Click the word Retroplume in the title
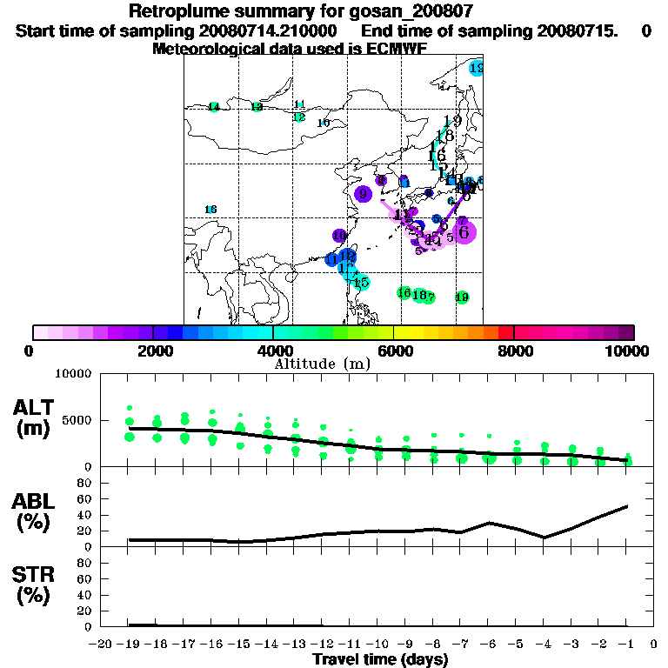[x=179, y=11]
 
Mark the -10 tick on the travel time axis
[x=377, y=645]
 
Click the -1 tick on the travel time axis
[x=626, y=645]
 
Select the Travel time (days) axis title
[x=380, y=659]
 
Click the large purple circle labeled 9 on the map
[x=364, y=194]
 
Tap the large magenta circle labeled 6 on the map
[x=464, y=232]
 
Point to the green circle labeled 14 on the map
[x=213, y=107]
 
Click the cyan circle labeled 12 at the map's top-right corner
[x=476, y=68]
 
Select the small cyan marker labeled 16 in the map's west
[x=210, y=210]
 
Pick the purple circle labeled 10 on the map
[x=340, y=235]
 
